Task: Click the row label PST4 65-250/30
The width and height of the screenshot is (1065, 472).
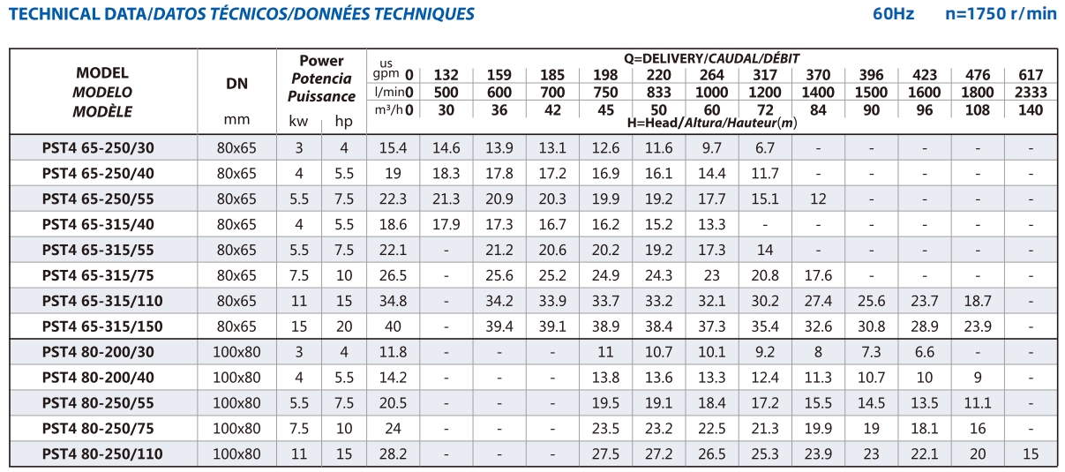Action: [x=98, y=148]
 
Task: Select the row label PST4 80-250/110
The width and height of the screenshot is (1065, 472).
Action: [x=102, y=454]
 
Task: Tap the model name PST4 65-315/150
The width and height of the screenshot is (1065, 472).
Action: [x=102, y=326]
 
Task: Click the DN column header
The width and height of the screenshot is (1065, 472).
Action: [x=236, y=84]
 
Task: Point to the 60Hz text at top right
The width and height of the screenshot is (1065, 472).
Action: [x=893, y=14]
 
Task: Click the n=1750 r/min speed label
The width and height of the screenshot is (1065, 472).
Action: [x=1001, y=14]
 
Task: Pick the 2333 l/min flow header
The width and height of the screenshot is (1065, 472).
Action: [x=1031, y=93]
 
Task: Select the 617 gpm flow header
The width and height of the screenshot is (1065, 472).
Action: [x=1031, y=75]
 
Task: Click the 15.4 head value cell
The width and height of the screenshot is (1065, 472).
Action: [x=393, y=148]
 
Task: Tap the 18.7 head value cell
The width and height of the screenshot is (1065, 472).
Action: [x=978, y=301]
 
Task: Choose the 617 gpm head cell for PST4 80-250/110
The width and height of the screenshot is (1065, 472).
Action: [x=1031, y=454]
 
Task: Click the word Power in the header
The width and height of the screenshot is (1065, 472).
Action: [x=321, y=61]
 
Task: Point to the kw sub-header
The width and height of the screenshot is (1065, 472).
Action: [x=298, y=121]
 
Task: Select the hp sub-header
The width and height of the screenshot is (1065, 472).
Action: [x=343, y=122]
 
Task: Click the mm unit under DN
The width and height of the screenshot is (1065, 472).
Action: [x=236, y=119]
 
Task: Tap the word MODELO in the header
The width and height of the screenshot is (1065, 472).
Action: [x=102, y=93]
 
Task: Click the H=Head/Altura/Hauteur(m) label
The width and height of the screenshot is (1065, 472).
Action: [x=712, y=124]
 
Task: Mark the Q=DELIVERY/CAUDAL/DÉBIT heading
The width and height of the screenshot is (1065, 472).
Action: [x=712, y=58]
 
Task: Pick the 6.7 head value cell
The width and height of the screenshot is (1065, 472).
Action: [x=765, y=148]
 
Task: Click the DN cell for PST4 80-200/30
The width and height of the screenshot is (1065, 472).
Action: [x=236, y=352]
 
